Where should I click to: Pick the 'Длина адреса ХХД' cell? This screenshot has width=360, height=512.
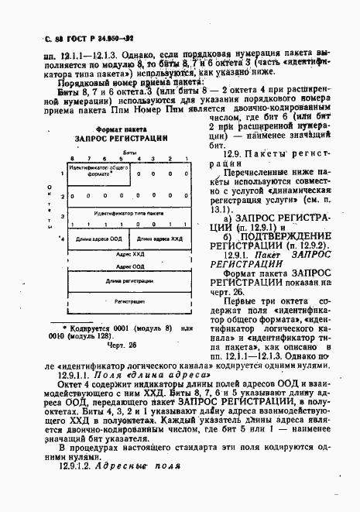(156, 239)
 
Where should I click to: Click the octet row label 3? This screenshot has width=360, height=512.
(52, 210)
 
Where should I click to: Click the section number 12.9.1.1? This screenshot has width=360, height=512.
(75, 373)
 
